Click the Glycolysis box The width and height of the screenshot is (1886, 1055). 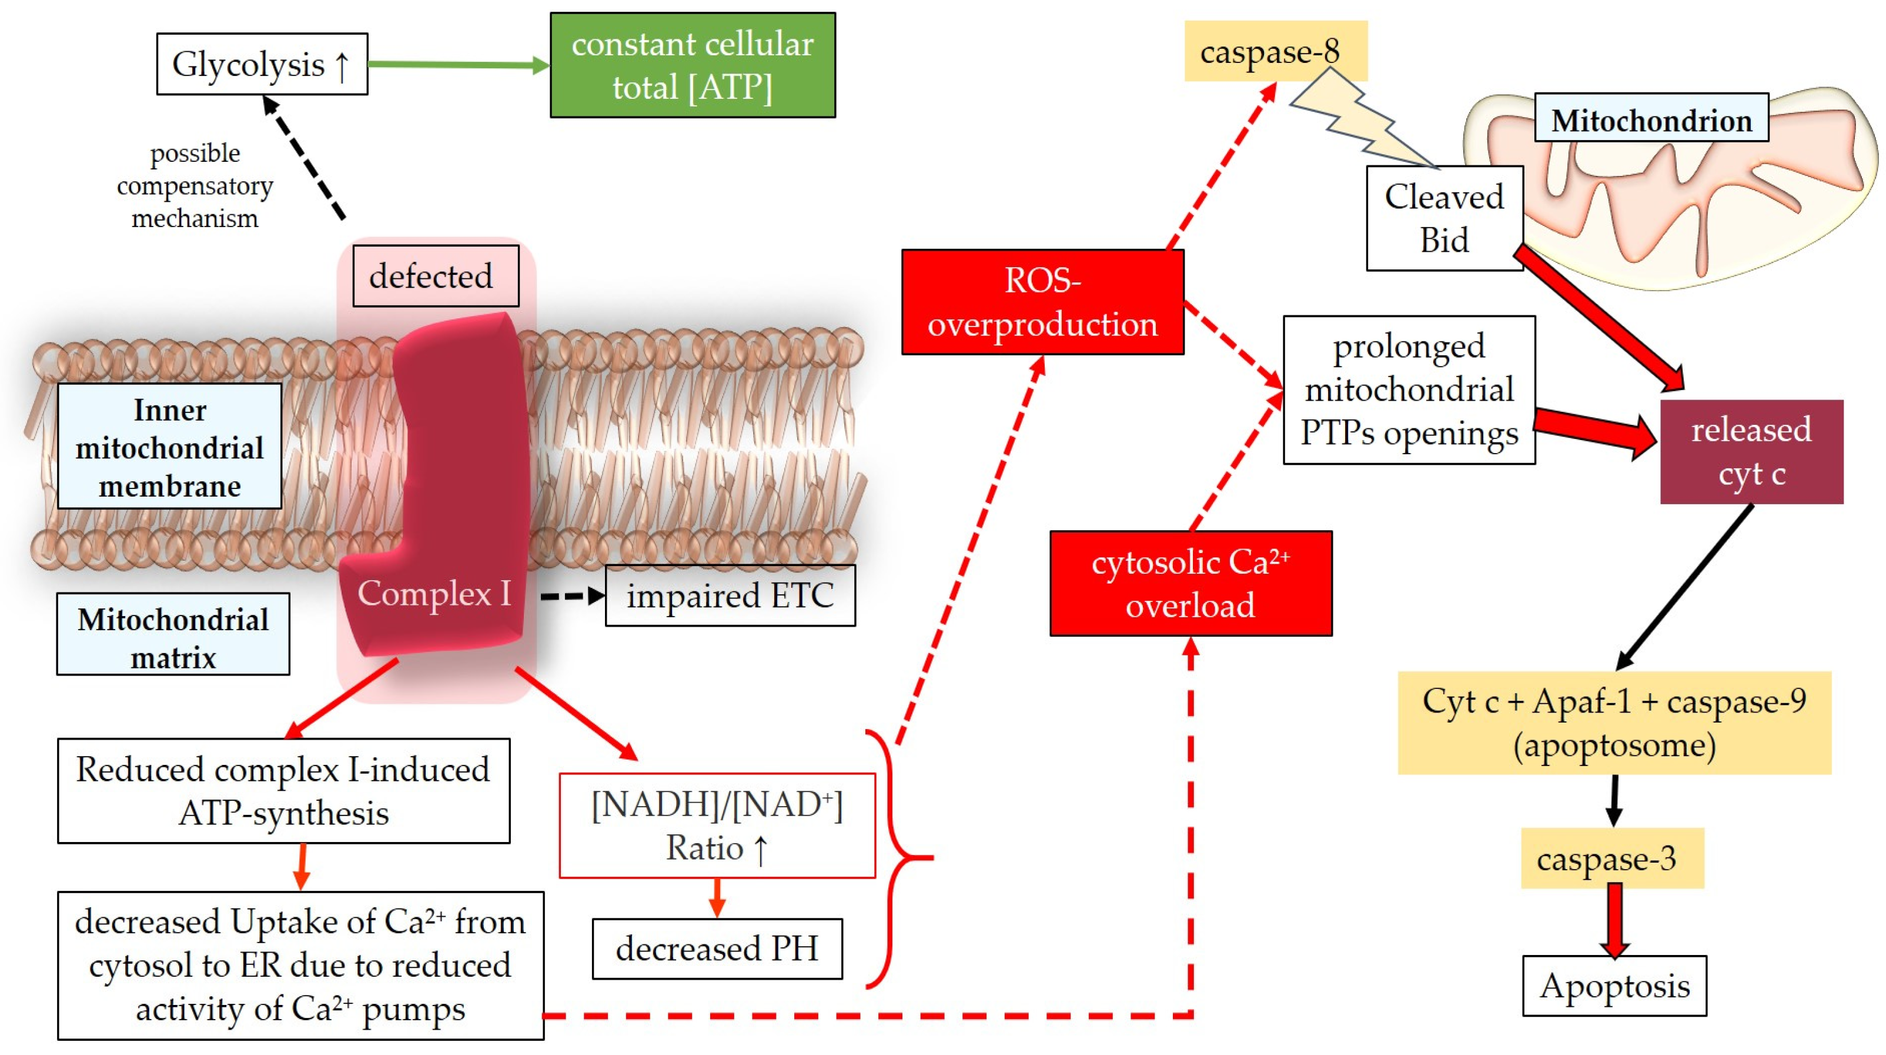(262, 65)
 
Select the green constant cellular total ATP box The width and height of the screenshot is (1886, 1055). (692, 65)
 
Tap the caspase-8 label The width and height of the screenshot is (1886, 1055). (1275, 51)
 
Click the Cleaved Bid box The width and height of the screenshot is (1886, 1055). (1444, 218)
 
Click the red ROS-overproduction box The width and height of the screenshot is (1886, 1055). (1042, 302)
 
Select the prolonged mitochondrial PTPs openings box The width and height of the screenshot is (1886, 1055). (1408, 390)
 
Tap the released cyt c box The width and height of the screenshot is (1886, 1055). (1751, 451)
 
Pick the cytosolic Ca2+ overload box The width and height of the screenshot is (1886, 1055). (1190, 583)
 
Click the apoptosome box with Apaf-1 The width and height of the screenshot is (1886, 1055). (1614, 723)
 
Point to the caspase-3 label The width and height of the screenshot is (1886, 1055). (1611, 858)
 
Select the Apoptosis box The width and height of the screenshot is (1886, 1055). (1614, 986)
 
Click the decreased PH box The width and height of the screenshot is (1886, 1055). (716, 948)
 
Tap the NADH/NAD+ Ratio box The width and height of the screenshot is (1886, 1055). (716, 825)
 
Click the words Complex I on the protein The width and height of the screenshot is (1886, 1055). (433, 593)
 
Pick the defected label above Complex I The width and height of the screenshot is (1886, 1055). (435, 276)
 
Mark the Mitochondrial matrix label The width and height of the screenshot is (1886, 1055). (173, 634)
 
